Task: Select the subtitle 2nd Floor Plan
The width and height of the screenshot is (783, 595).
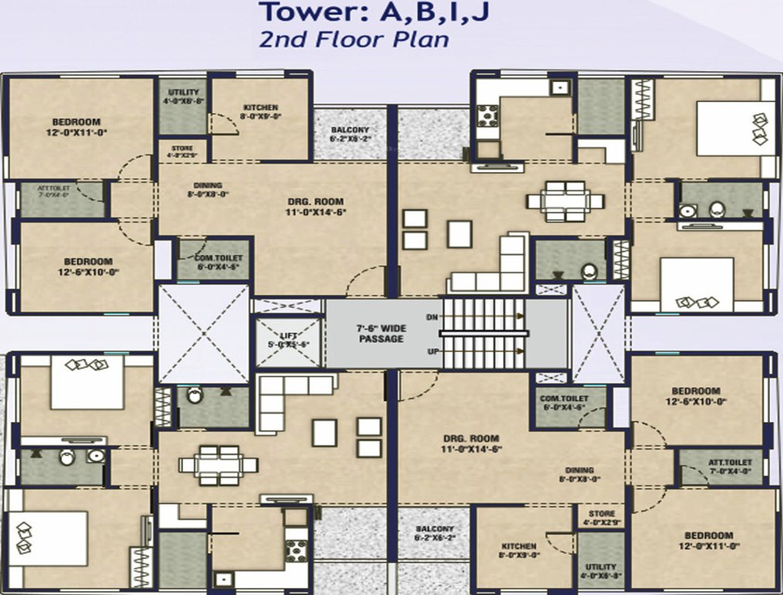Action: pos(354,40)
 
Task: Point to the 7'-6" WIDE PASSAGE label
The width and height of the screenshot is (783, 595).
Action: pos(381,333)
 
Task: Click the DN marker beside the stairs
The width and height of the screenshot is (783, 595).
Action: pos(431,318)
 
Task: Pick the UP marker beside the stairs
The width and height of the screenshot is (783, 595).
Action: pos(431,351)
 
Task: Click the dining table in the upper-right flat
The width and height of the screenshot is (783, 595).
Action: pos(565,201)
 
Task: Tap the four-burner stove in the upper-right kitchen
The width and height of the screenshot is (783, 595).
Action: pos(487,115)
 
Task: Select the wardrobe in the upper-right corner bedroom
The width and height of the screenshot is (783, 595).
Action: pos(644,98)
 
